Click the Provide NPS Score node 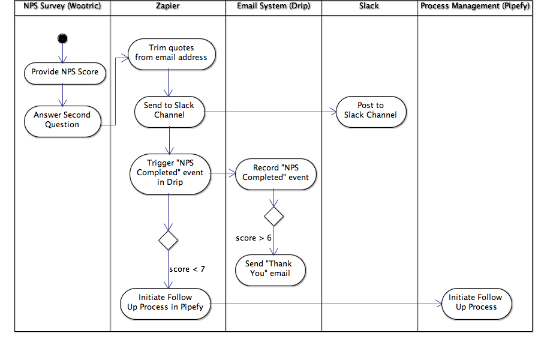(64, 72)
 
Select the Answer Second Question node (62, 120)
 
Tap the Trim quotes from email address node (171, 53)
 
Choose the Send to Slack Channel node (169, 110)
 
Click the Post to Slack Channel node (371, 110)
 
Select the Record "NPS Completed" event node (275, 173)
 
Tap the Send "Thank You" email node (271, 269)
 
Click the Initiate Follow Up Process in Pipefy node (165, 302)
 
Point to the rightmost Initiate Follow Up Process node (476, 302)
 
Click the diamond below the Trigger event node (168, 240)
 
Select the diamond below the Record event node (274, 216)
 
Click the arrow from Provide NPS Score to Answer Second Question (62, 94)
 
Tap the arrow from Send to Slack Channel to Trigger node (169, 140)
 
